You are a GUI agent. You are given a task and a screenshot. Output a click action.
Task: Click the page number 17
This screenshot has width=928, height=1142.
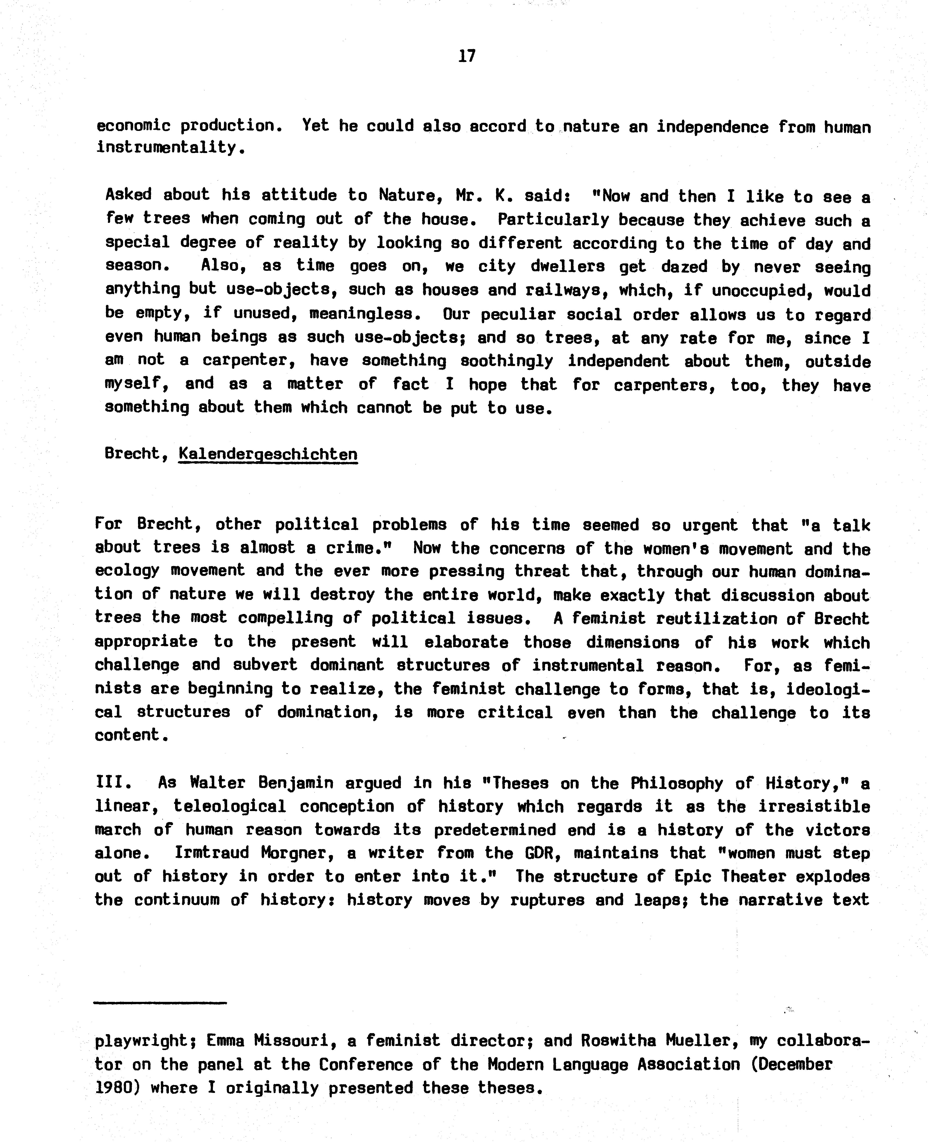coord(467,56)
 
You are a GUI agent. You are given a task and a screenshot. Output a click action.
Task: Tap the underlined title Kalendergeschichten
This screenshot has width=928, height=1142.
coord(268,454)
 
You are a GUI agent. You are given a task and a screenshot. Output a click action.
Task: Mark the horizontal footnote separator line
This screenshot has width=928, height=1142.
coord(160,1003)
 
